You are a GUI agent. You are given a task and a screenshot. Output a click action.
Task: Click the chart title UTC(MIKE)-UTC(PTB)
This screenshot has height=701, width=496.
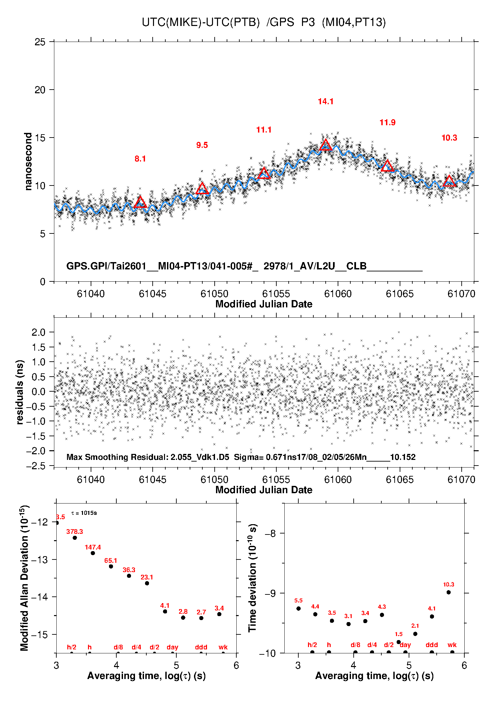[x=201, y=22]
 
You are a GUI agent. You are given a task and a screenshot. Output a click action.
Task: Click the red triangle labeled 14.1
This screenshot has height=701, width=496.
[x=326, y=145]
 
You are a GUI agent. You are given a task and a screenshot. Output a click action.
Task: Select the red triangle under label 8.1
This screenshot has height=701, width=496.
[x=140, y=202]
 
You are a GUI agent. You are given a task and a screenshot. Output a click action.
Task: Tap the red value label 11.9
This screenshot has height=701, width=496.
[x=387, y=123]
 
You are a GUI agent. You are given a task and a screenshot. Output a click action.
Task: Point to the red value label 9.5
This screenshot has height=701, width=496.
[x=202, y=145]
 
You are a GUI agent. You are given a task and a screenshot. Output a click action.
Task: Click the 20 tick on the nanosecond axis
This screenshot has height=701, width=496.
[x=40, y=90]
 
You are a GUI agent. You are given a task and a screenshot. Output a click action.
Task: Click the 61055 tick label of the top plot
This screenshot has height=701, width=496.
[x=276, y=294]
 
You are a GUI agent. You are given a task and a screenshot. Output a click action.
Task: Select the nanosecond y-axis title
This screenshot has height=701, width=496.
[x=28, y=162]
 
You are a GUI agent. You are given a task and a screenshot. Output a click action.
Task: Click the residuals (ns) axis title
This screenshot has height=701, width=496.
[x=20, y=392]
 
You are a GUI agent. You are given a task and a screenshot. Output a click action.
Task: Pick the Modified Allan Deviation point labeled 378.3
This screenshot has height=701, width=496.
[x=75, y=538]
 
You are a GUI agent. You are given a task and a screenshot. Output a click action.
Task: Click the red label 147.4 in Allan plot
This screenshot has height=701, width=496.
[x=93, y=547]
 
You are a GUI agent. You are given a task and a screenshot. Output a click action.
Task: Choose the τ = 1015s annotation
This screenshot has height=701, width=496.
[x=84, y=513]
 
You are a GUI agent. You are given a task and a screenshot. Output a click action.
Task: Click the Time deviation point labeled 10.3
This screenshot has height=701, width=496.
[x=449, y=592]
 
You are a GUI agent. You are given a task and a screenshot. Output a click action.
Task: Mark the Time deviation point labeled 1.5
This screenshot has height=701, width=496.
[x=399, y=642]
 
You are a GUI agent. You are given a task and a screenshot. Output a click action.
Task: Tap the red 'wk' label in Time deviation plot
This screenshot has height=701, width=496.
[x=452, y=645]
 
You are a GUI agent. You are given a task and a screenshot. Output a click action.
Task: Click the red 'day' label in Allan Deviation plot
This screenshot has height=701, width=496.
[x=172, y=647]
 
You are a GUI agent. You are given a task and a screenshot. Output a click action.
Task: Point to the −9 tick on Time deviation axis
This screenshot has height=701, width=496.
[x=271, y=593]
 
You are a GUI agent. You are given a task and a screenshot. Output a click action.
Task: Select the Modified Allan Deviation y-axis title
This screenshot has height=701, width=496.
[x=24, y=578]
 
